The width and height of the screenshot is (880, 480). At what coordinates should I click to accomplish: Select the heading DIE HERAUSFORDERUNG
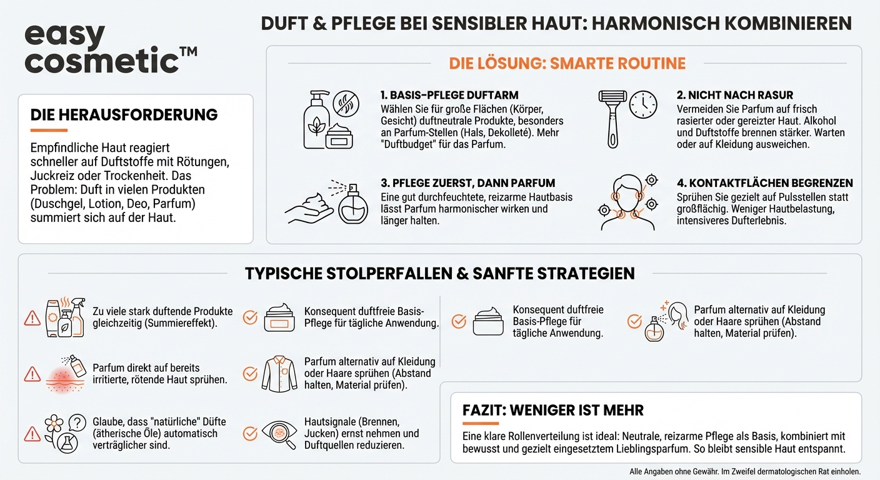(124, 115)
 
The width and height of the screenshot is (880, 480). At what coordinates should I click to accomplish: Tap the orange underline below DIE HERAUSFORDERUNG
(49, 131)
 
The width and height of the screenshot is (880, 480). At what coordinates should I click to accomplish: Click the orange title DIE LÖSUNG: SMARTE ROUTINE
(567, 64)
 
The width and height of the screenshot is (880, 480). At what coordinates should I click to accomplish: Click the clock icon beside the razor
(642, 104)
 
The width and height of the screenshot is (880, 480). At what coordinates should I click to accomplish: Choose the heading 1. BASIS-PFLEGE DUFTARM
(449, 95)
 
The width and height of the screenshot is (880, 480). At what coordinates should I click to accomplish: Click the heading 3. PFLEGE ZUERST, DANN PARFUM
(467, 183)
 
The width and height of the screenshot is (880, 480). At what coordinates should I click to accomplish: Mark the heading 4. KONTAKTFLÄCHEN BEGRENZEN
(764, 183)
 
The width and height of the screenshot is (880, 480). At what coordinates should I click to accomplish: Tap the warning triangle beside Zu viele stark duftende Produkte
(32, 318)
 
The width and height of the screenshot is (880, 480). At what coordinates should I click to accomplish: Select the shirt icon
(279, 373)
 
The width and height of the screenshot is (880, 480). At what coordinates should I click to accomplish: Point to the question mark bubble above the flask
(77, 423)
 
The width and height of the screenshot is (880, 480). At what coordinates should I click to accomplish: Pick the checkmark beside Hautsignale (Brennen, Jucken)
(250, 433)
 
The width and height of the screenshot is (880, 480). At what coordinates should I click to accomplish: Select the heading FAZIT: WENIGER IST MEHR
(553, 411)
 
